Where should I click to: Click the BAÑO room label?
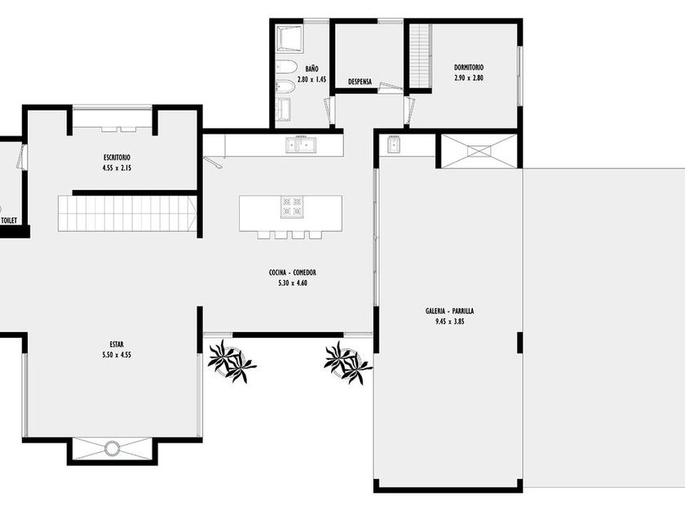click(312, 69)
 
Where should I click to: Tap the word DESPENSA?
click(360, 82)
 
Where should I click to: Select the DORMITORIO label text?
click(469, 68)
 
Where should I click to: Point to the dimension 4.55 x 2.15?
click(117, 168)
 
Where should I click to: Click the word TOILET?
click(9, 221)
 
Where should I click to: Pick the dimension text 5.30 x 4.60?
click(293, 283)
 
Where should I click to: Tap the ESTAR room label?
click(117, 344)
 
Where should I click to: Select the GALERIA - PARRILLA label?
click(449, 311)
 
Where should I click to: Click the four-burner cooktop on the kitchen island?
click(292, 206)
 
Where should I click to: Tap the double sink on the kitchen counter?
click(302, 144)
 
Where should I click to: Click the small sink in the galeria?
click(394, 144)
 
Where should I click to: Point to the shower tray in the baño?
click(289, 39)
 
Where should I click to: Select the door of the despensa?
click(391, 87)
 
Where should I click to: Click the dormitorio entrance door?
click(409, 109)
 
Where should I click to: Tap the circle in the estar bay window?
click(112, 448)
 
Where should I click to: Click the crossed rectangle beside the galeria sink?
click(479, 151)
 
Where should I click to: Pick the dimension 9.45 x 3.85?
click(449, 321)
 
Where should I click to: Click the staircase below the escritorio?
click(127, 213)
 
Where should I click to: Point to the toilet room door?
click(20, 157)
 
